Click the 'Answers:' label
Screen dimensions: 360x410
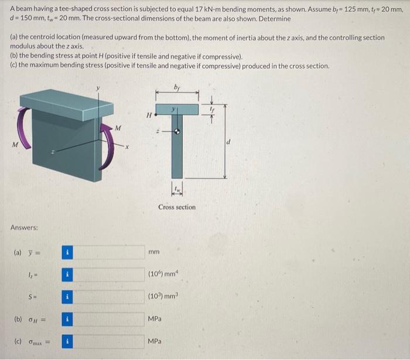[24, 227]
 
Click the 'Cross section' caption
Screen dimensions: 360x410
[177, 207]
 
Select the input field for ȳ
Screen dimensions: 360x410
[110, 253]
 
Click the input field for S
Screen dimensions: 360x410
[110, 297]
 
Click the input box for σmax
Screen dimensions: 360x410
[110, 342]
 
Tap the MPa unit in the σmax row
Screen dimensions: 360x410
[155, 342]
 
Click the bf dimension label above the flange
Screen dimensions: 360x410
[177, 88]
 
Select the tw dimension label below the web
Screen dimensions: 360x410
[176, 188]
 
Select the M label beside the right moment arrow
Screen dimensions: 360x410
[118, 127]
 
